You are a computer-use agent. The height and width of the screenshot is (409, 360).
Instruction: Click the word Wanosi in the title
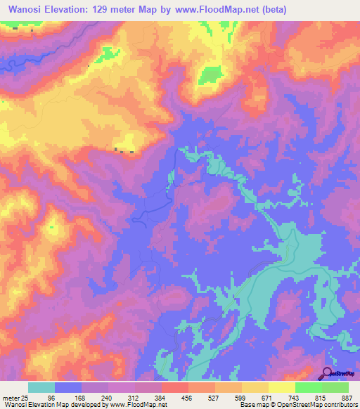point(28,11)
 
